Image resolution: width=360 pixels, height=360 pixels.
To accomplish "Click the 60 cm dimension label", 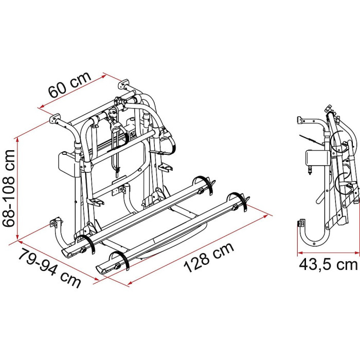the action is click(x=70, y=84).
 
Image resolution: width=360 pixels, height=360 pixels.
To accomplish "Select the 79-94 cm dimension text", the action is click(x=49, y=268).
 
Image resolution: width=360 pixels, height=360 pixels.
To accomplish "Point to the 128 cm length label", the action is click(x=209, y=257).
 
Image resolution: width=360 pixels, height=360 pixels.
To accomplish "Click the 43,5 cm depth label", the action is click(x=328, y=264).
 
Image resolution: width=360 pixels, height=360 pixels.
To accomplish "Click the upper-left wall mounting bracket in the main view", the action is click(x=55, y=118).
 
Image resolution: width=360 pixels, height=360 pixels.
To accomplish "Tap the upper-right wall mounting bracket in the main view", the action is click(x=123, y=83).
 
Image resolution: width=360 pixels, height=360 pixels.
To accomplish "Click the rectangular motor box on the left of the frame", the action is click(x=66, y=164).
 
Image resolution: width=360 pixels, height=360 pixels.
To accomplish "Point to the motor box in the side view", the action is click(x=315, y=158).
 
